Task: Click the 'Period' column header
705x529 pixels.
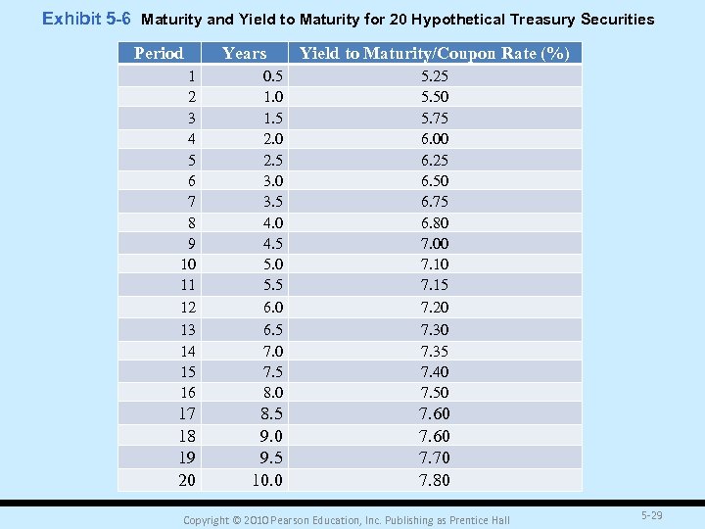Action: pos(159,54)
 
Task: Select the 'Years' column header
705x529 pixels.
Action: pos(244,54)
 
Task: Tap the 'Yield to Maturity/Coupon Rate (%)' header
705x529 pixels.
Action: pos(434,54)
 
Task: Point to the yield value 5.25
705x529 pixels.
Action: pos(435,75)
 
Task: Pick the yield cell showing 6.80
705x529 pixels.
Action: pos(435,222)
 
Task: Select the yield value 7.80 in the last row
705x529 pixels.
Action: pos(435,480)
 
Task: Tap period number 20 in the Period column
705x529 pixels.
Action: pos(186,480)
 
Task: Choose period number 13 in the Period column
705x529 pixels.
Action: pos(187,330)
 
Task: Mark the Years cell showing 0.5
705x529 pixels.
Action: pos(273,75)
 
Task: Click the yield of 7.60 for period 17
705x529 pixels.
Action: pos(435,413)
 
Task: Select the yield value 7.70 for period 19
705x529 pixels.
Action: pos(435,457)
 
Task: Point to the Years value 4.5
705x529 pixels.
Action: pos(273,244)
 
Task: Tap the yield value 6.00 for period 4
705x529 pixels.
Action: pos(435,139)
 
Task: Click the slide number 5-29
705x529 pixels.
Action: pos(651,514)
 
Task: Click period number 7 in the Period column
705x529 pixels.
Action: pos(191,201)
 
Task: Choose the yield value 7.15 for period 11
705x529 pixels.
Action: pos(435,285)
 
